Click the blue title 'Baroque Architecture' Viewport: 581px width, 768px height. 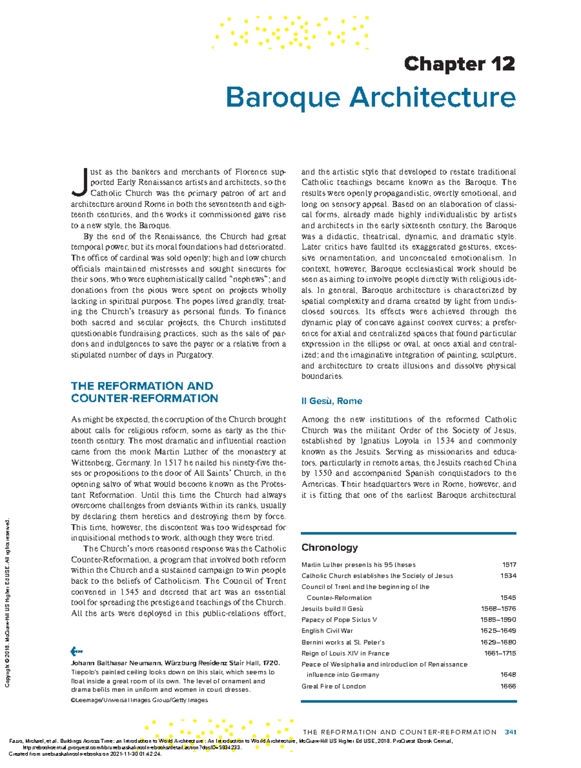point(370,97)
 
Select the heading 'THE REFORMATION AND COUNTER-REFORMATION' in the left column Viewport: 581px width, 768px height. point(144,392)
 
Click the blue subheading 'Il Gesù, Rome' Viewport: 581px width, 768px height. point(332,401)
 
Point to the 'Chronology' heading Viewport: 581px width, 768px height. point(329,547)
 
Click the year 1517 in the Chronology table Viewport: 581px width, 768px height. point(509,565)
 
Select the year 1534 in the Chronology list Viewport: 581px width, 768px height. point(508,576)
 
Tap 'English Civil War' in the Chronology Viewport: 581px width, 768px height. point(327,631)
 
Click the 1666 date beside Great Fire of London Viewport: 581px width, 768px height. point(508,687)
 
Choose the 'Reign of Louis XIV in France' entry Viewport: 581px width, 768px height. point(345,654)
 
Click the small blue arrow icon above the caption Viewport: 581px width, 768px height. point(76,651)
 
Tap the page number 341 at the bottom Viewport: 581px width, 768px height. point(510,732)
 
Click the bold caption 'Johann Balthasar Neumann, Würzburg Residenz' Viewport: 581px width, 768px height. point(175,663)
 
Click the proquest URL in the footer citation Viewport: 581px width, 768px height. point(131,747)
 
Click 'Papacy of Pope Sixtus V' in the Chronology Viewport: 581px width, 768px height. point(339,620)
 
